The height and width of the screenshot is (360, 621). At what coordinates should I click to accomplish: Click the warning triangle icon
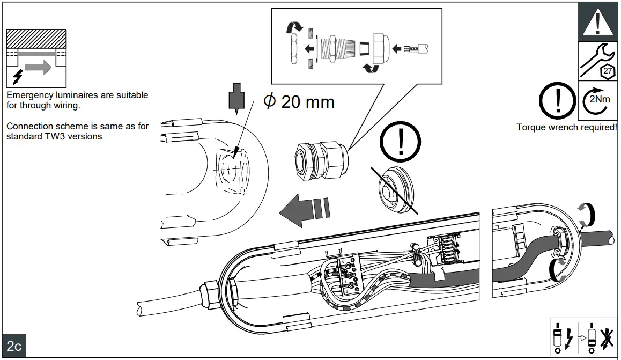597,22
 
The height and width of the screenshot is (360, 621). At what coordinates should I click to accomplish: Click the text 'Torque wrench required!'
566,128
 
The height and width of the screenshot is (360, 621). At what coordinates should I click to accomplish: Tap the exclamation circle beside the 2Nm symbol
558,101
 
